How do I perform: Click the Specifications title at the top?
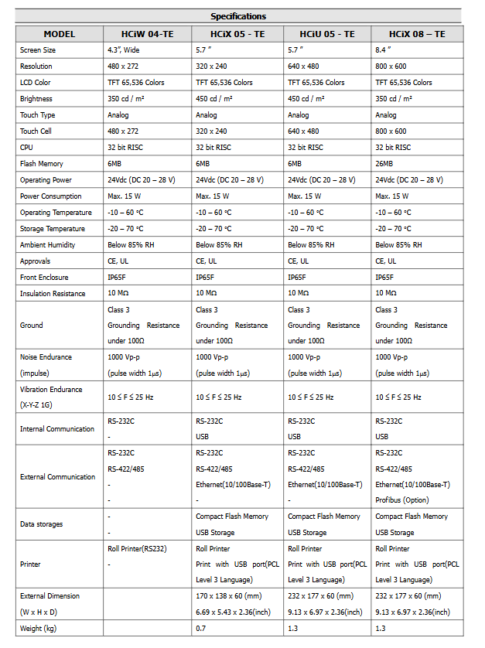238,16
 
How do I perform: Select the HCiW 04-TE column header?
147,34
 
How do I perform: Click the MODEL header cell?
60,34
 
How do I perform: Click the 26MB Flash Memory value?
384,164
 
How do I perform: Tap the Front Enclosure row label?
44,278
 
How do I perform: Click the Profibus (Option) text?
404,500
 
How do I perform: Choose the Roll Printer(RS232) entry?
137,548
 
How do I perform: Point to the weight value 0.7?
200,629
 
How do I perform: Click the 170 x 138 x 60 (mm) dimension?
228,596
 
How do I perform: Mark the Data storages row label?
42,524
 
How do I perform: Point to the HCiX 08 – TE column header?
418,34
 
